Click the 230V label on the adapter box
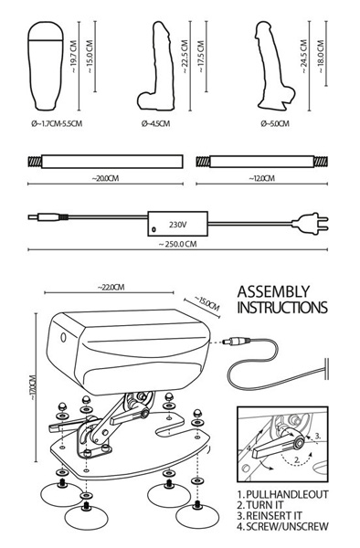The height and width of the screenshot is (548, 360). click(x=177, y=225)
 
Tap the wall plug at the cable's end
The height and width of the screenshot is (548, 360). click(x=311, y=224)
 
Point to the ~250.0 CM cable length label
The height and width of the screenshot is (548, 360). click(x=177, y=244)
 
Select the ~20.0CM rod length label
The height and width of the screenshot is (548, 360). click(x=105, y=178)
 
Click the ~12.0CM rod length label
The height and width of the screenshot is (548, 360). click(x=262, y=178)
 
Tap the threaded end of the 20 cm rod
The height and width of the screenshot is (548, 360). click(x=35, y=162)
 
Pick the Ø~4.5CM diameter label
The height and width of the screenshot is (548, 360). click(x=155, y=123)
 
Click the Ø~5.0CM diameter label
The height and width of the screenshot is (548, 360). click(x=275, y=123)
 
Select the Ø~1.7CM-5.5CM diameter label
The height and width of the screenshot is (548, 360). click(x=57, y=123)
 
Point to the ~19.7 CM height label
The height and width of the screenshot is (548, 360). click(x=73, y=57)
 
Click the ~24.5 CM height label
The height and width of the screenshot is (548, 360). click(x=303, y=57)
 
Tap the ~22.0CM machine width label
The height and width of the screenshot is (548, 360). click(x=111, y=288)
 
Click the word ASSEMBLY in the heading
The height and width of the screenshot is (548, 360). click(x=274, y=292)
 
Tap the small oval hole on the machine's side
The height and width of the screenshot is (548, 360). click(x=63, y=337)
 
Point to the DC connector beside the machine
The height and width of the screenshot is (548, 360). click(x=237, y=341)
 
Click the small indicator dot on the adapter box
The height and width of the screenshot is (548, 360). click(x=154, y=229)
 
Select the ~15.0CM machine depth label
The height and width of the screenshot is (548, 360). click(x=206, y=304)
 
